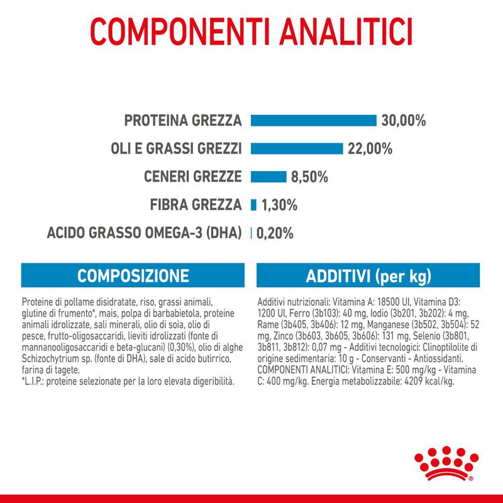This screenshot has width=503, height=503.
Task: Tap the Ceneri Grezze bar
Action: tap(268, 177)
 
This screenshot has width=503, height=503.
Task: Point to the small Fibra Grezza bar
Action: tap(254, 204)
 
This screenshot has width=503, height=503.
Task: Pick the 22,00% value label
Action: tap(370, 148)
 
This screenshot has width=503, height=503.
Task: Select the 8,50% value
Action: tap(309, 177)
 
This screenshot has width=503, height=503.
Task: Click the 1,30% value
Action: tap(280, 205)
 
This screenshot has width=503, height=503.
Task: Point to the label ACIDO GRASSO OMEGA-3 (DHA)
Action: tap(145, 233)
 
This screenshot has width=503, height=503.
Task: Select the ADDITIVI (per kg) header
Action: tap(369, 276)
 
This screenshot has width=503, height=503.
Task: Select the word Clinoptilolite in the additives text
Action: tap(448, 348)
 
